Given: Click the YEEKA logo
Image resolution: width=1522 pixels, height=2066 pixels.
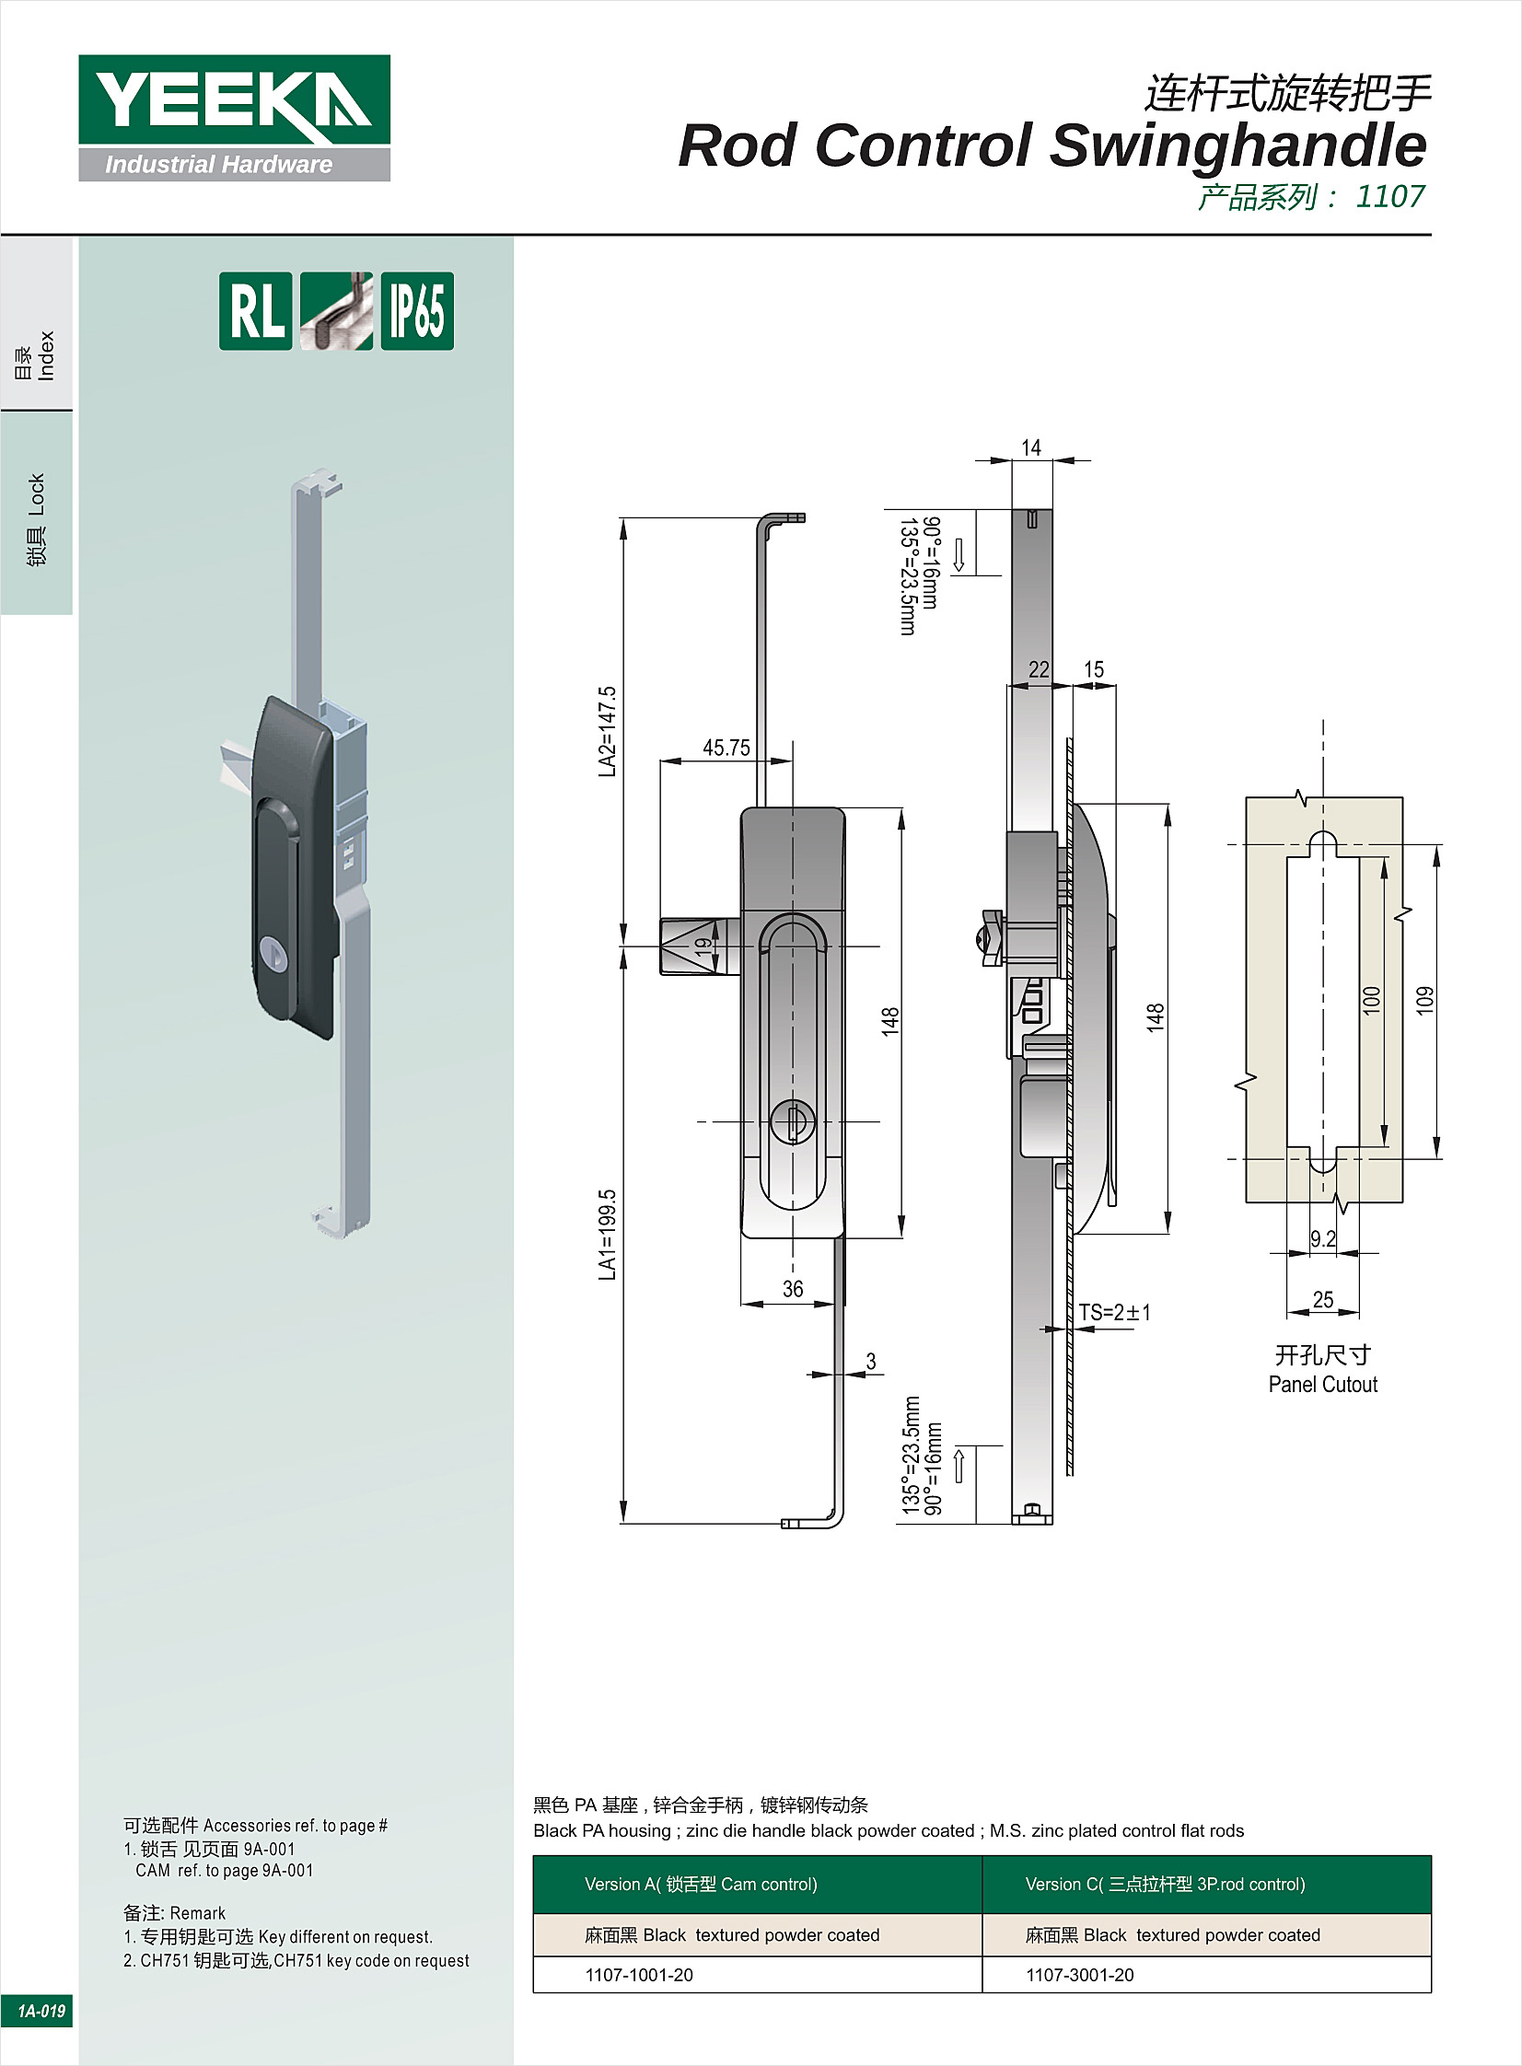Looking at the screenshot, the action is [x=234, y=117].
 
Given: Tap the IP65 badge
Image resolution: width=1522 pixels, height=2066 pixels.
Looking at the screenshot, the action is [x=417, y=311].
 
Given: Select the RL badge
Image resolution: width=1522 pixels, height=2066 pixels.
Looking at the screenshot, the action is [x=255, y=311].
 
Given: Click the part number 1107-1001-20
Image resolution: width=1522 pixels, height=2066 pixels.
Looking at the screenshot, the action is [x=638, y=1974].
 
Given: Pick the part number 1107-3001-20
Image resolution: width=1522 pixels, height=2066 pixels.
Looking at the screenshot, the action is [x=1080, y=1974].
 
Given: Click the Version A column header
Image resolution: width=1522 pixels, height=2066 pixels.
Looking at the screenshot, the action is [x=700, y=1884].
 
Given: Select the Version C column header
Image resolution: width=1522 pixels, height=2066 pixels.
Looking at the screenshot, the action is [x=1166, y=1884].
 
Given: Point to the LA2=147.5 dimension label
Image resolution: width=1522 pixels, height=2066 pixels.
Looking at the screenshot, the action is [x=607, y=731].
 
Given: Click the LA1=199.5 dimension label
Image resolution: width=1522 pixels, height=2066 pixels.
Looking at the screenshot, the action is [x=607, y=1235].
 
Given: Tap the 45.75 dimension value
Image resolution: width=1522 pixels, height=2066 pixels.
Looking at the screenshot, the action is [x=726, y=748].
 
